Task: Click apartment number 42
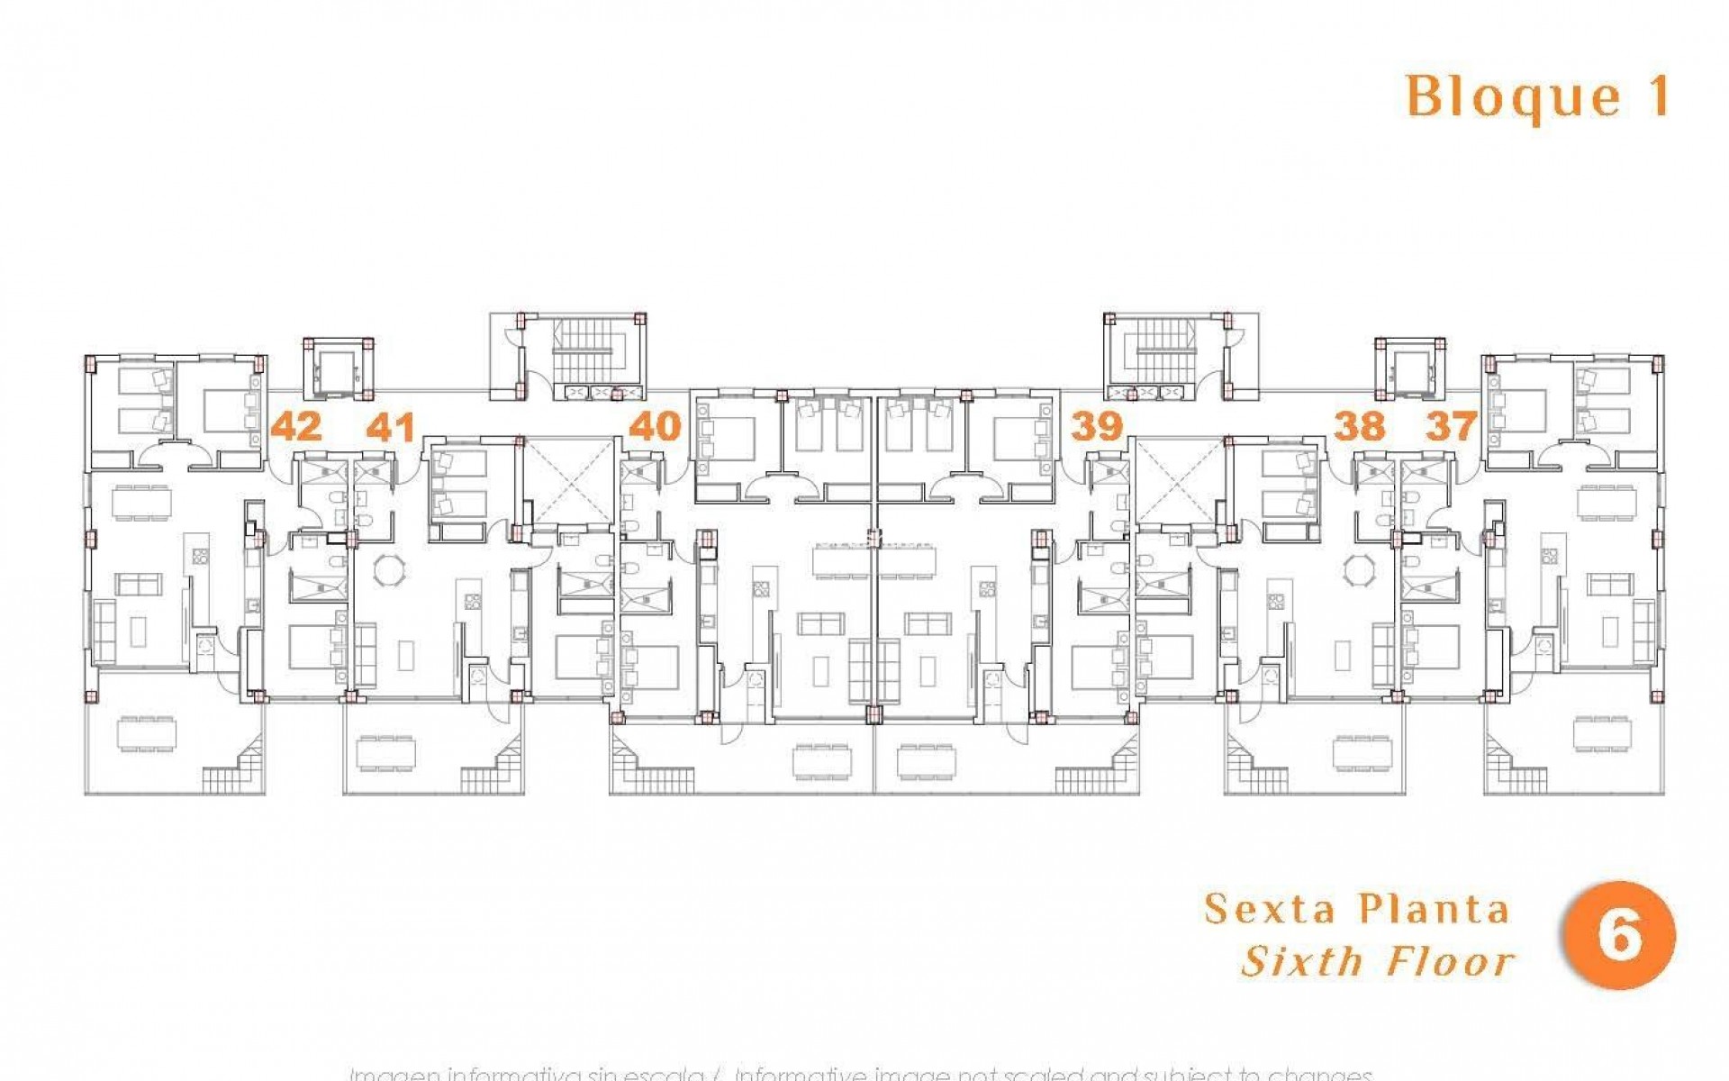[296, 426]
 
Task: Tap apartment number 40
[655, 426]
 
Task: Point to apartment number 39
[1097, 426]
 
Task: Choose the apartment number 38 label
[1359, 426]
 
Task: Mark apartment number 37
[1452, 426]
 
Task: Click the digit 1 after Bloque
[1656, 96]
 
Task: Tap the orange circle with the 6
[1620, 936]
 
